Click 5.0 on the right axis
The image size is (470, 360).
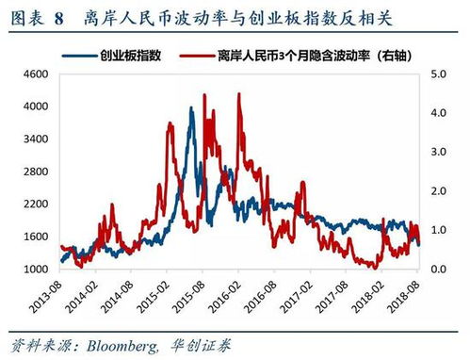(441, 74)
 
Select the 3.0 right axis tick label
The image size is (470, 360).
(441, 151)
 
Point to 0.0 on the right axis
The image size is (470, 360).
(441, 269)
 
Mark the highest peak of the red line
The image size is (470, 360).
(238, 94)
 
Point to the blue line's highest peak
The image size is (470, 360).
(191, 108)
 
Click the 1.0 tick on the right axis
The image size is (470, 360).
(441, 230)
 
